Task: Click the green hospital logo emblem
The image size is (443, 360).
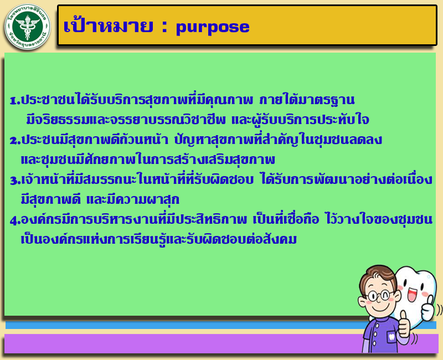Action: (x=27, y=27)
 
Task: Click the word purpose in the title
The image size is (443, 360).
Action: (x=213, y=27)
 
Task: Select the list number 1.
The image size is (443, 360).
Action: (x=14, y=100)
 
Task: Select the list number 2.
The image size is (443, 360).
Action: (x=14, y=141)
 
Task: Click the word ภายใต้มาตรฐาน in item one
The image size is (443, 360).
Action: (x=307, y=99)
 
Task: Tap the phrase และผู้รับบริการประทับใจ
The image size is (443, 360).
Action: (x=300, y=119)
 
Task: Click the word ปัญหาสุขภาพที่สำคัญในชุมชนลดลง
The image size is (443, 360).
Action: (x=278, y=139)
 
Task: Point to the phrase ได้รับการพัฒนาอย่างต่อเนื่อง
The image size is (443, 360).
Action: (x=347, y=178)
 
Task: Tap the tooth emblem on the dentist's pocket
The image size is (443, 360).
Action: (x=392, y=337)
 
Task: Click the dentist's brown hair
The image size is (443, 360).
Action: (x=377, y=275)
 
